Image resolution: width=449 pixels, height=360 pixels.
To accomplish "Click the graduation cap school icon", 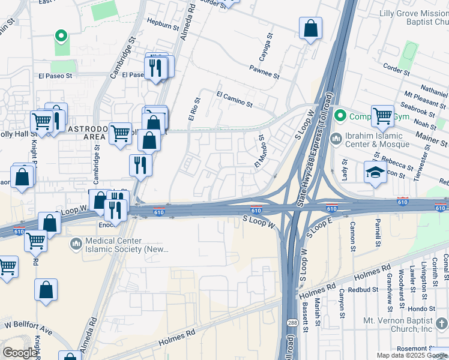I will [376, 172].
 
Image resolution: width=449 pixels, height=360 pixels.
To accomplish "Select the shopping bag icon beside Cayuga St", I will [310, 28].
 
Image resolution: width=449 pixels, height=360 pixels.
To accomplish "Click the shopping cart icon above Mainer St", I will [382, 116].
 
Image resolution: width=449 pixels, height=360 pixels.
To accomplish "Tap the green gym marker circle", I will [340, 115].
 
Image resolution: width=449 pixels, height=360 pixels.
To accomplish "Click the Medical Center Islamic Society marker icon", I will [76, 244].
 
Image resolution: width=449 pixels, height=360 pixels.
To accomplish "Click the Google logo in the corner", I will [20, 353].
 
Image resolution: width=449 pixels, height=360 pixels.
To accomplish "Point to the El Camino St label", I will [234, 99].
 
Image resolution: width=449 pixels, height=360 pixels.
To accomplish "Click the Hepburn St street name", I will [163, 26].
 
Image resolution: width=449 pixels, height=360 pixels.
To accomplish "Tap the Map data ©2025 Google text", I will [411, 355].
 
